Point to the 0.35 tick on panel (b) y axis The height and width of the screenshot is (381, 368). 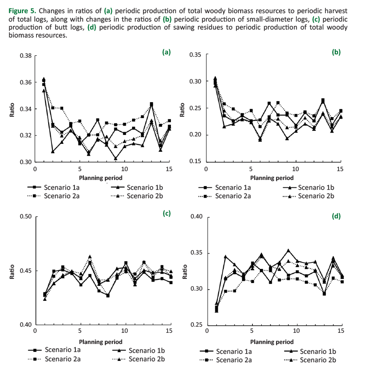[x=196, y=55]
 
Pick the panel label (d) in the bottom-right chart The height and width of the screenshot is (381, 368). [x=336, y=217]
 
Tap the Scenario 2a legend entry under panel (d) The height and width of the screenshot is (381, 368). [x=232, y=360]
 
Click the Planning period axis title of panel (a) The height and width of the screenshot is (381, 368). [x=101, y=178]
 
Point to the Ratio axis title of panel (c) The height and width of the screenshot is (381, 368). [x=12, y=272]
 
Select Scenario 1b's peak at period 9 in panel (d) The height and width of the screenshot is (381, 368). [x=288, y=250]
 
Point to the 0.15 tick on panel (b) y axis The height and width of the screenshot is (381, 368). [x=196, y=162]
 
